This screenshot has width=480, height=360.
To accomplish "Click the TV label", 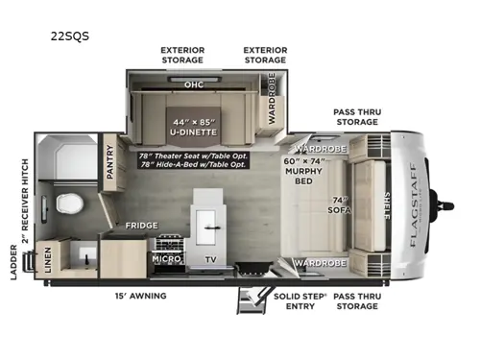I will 209,259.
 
